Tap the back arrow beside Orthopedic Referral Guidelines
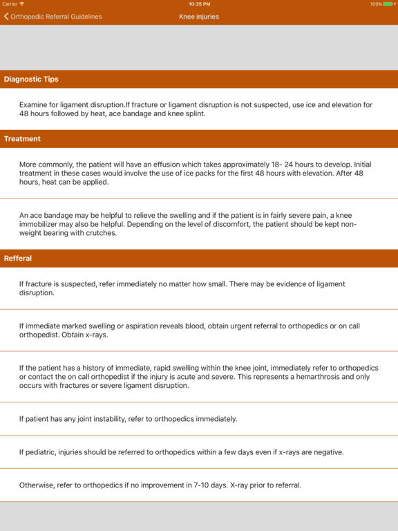[6, 17]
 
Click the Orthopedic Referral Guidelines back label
[56, 17]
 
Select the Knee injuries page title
[199, 17]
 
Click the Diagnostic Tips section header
[31, 80]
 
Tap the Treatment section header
[22, 139]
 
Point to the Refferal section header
[18, 259]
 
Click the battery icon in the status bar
[390, 4]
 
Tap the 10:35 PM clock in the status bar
[199, 4]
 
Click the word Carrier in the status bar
[10, 4]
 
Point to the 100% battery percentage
[376, 4]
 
